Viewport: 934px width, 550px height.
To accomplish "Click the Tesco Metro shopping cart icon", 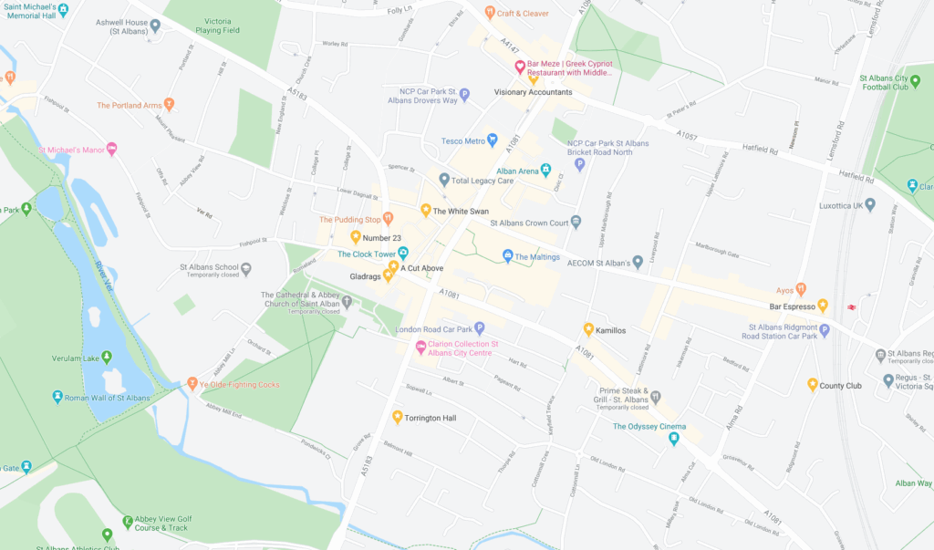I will coord(493,140).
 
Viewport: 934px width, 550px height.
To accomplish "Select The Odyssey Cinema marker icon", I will coord(674,439).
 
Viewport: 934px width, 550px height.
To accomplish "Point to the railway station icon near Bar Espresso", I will coord(852,306).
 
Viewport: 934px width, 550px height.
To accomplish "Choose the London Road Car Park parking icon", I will coord(479,328).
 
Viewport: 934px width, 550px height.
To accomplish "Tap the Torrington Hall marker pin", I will coord(398,418).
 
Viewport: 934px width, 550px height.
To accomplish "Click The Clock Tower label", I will coord(367,254).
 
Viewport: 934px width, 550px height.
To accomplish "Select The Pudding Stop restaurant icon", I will coord(388,218).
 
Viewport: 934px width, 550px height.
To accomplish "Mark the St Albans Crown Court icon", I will coord(576,222).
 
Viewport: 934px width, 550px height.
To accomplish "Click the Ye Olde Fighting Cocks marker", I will coord(192,384).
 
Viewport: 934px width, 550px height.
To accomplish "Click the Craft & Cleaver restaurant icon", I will coord(489,14).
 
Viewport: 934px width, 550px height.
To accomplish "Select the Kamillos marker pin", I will coord(589,329).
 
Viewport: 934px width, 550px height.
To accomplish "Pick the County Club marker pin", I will coord(813,385).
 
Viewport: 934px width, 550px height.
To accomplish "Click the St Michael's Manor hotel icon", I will coord(112,149).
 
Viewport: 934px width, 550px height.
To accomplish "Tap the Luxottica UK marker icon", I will coord(870,205).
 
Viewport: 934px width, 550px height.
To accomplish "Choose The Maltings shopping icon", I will coord(508,255).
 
